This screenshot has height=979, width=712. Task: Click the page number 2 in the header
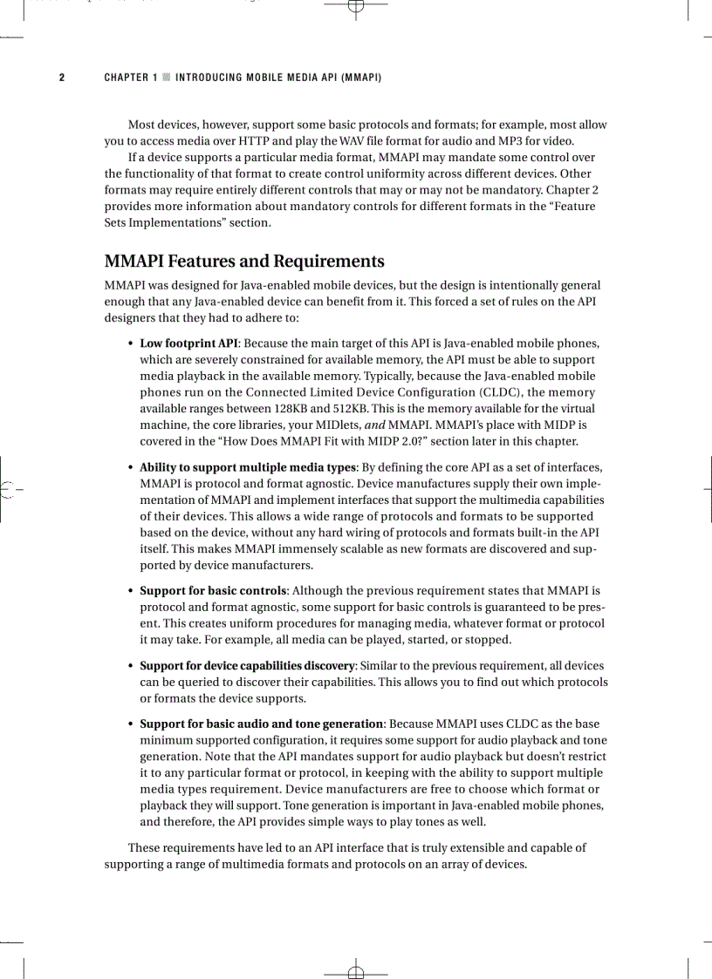(62, 78)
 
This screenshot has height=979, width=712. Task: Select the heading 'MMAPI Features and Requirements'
(244, 262)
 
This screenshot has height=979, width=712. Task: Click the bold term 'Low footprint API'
(189, 343)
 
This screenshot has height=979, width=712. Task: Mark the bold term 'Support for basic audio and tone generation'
(262, 724)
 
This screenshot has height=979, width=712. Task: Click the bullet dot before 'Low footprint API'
(130, 343)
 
